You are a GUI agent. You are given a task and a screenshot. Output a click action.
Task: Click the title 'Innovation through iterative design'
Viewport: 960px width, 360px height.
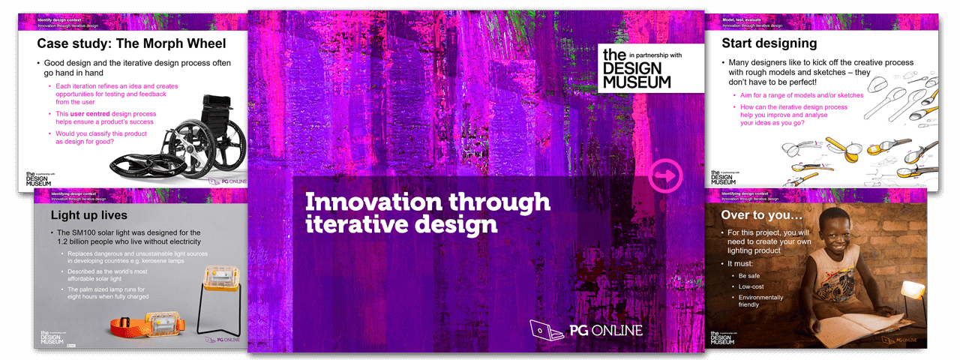tap(427, 212)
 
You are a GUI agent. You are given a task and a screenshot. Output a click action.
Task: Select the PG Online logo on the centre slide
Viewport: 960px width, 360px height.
tap(586, 330)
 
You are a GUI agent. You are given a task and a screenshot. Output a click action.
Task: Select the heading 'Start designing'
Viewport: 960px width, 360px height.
tap(769, 43)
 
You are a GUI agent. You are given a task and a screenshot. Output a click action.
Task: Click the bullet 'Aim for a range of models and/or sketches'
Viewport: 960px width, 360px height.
tap(800, 95)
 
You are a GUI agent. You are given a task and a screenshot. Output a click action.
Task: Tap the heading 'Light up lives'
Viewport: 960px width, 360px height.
tap(88, 216)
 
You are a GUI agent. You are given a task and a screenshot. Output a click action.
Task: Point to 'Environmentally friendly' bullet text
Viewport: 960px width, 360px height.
tap(761, 301)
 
